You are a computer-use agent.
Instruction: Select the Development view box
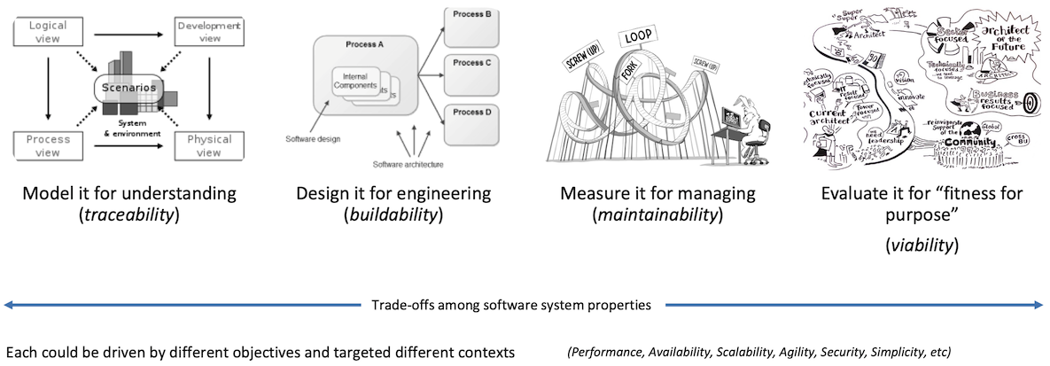tap(208, 33)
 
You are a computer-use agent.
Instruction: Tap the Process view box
tap(48, 146)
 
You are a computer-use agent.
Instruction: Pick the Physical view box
tap(208, 146)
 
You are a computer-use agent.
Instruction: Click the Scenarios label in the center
tap(128, 89)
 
